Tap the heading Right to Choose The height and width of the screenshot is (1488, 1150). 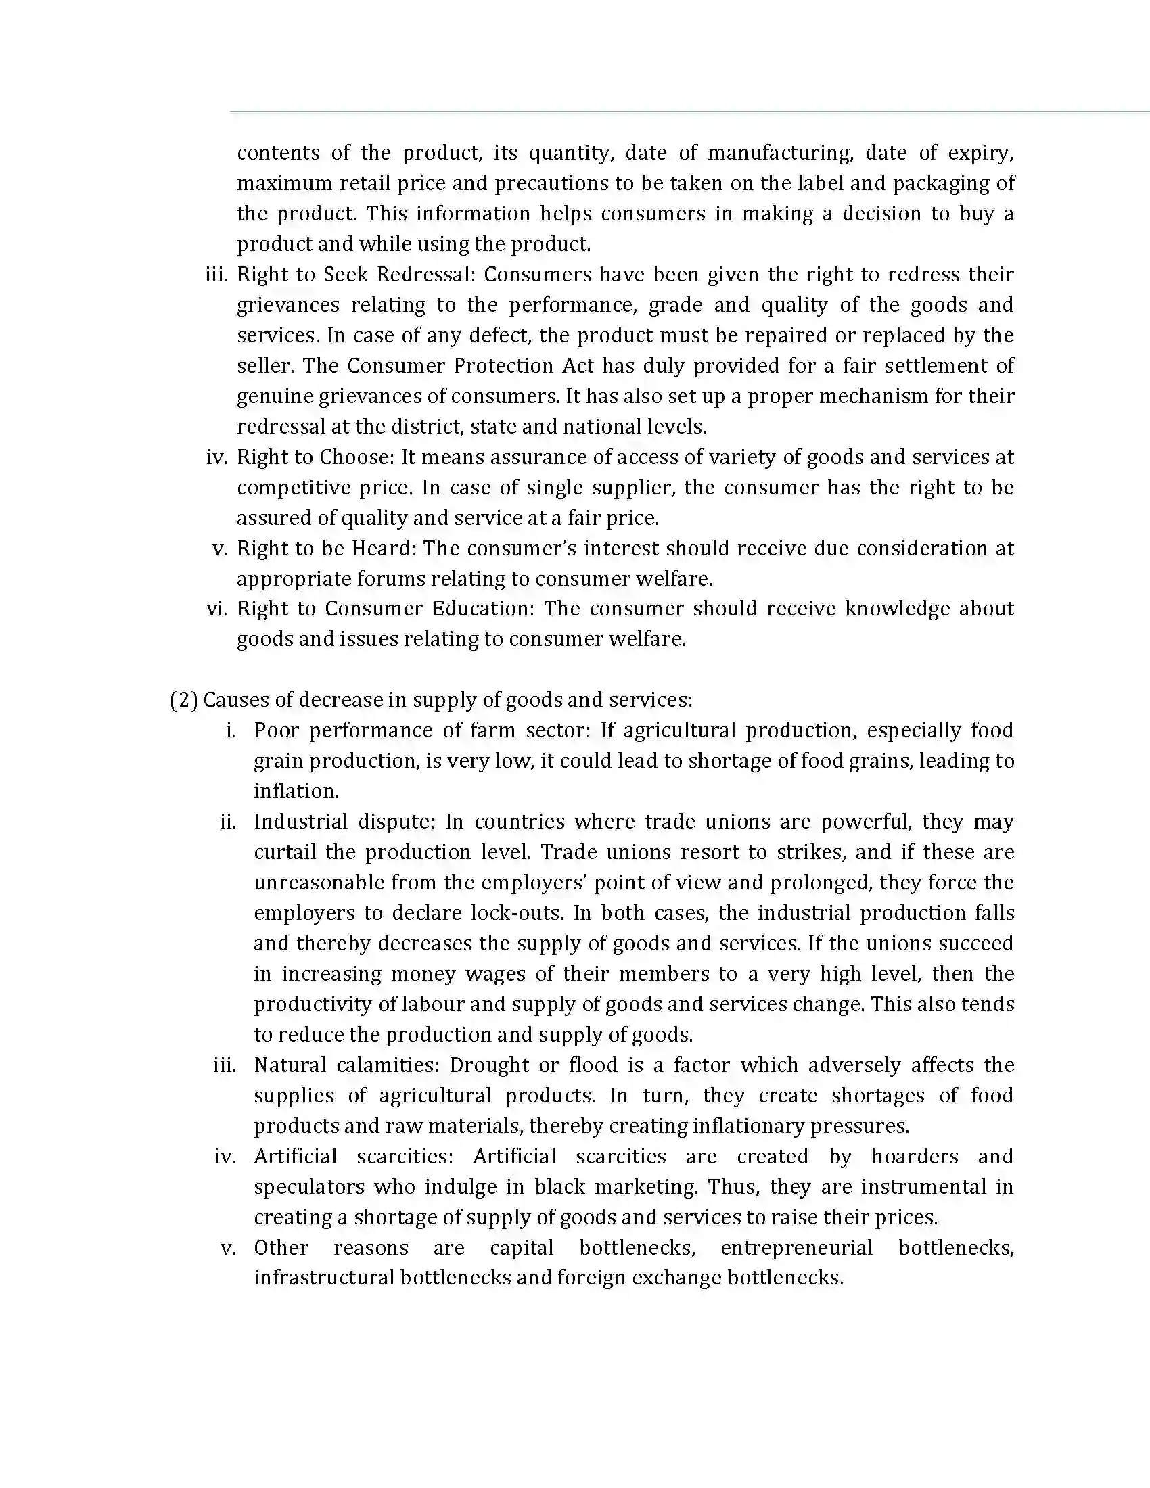315,457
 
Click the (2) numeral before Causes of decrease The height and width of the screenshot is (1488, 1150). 183,700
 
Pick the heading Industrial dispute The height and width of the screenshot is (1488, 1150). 344,822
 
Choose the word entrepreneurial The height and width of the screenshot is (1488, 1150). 796,1247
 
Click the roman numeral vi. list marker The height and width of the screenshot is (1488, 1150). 216,609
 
